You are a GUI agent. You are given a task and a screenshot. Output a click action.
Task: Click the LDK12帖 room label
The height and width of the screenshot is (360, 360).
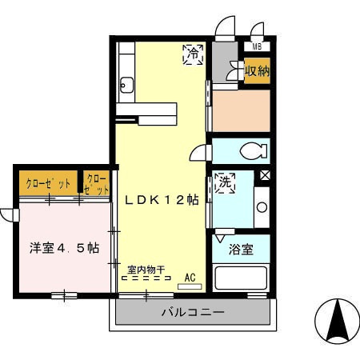tap(161, 200)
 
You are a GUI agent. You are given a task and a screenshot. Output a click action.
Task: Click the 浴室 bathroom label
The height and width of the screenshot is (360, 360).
tap(242, 249)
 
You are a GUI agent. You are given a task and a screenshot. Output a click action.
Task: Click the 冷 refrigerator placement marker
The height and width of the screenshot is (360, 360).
tap(193, 54)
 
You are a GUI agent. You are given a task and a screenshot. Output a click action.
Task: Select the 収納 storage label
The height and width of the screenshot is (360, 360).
tap(256, 70)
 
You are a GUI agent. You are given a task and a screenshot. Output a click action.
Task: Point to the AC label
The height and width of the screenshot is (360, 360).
tap(190, 277)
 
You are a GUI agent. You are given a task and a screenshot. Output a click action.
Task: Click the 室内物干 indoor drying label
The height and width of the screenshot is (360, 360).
tap(146, 270)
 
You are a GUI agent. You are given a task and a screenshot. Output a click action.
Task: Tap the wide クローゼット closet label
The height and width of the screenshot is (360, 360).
tap(49, 183)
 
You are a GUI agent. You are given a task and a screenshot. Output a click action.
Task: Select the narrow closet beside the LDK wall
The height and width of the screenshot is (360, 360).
tap(97, 185)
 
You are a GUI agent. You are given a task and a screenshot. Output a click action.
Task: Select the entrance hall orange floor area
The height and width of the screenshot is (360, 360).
tap(241, 110)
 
